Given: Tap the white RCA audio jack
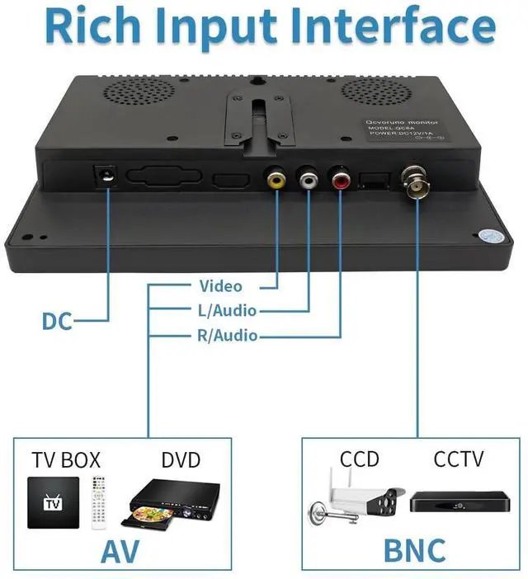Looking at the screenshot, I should point(309,177).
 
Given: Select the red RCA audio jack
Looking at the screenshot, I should point(340,177).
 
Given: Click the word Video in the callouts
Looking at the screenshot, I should point(220,286).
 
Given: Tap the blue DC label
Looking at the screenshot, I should point(57,321).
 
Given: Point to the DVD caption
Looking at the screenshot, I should point(181,459).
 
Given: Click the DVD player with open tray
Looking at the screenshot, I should point(174,503).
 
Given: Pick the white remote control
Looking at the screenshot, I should point(99,501).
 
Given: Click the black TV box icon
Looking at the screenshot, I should point(54,502).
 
